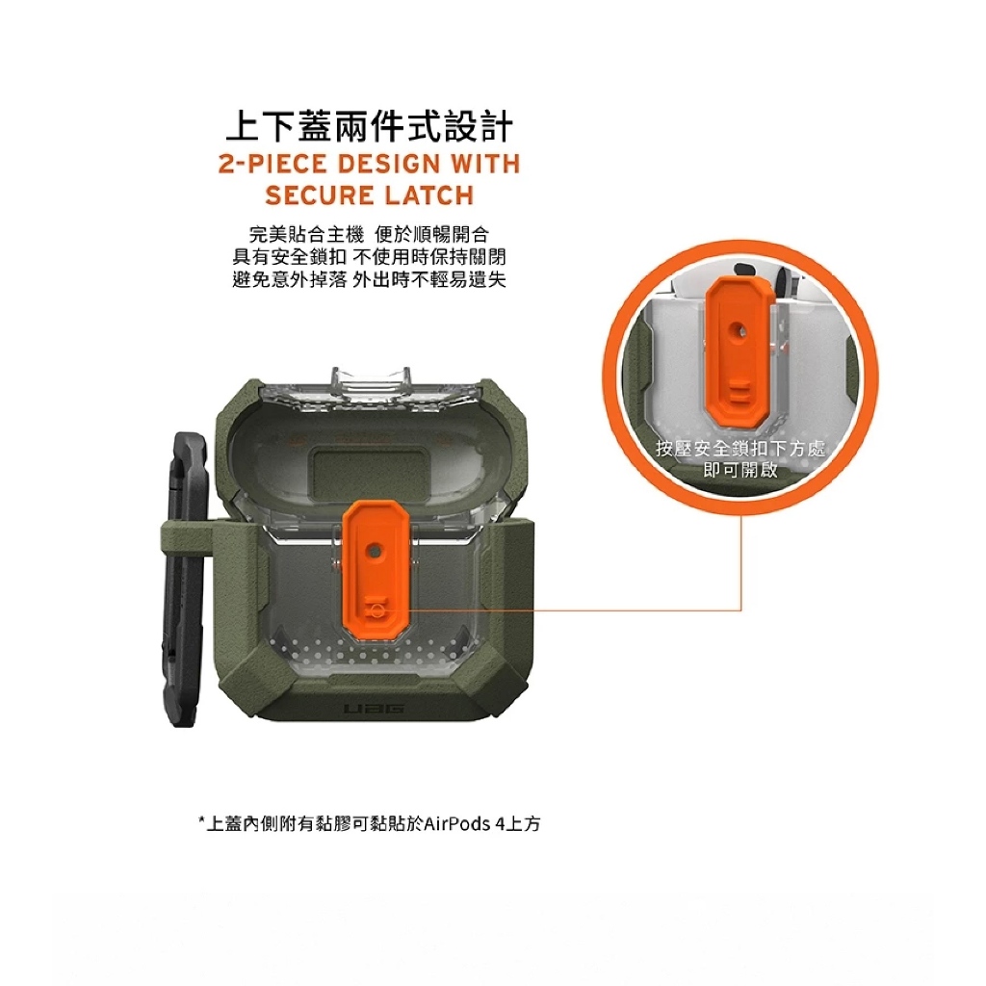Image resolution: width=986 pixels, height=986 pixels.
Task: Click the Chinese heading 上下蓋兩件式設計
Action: [x=369, y=126]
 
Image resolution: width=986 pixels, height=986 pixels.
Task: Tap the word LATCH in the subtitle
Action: [x=429, y=195]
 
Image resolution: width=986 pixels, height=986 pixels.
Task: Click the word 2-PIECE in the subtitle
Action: [x=272, y=164]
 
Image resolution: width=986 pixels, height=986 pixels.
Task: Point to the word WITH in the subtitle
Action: [x=486, y=164]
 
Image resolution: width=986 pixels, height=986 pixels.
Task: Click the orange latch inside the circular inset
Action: [x=739, y=348]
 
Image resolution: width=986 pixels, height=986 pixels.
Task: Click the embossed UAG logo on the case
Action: [x=375, y=710]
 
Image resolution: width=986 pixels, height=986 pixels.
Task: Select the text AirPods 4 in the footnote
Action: [x=463, y=824]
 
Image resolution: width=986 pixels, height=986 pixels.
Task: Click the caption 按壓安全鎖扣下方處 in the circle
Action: [x=740, y=449]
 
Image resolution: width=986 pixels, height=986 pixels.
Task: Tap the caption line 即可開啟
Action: [x=740, y=470]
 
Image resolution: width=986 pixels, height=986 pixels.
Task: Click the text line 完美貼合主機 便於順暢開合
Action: [x=369, y=235]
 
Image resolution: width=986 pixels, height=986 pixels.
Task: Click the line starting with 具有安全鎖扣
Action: [x=369, y=256]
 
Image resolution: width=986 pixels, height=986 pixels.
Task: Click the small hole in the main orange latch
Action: [x=375, y=550]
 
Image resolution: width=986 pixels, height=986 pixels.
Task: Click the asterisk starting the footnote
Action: [x=201, y=820]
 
